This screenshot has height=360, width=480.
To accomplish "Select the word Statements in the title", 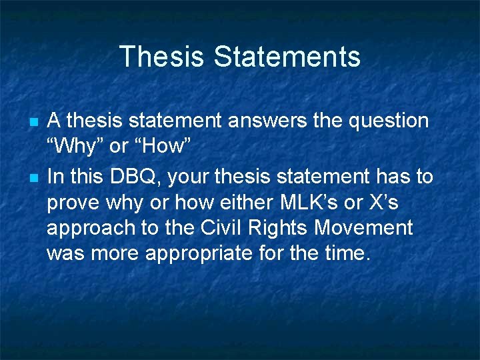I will click(x=287, y=57).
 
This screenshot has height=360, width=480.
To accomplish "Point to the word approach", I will click(x=90, y=228).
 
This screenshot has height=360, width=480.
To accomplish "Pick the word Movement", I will click(x=364, y=228).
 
